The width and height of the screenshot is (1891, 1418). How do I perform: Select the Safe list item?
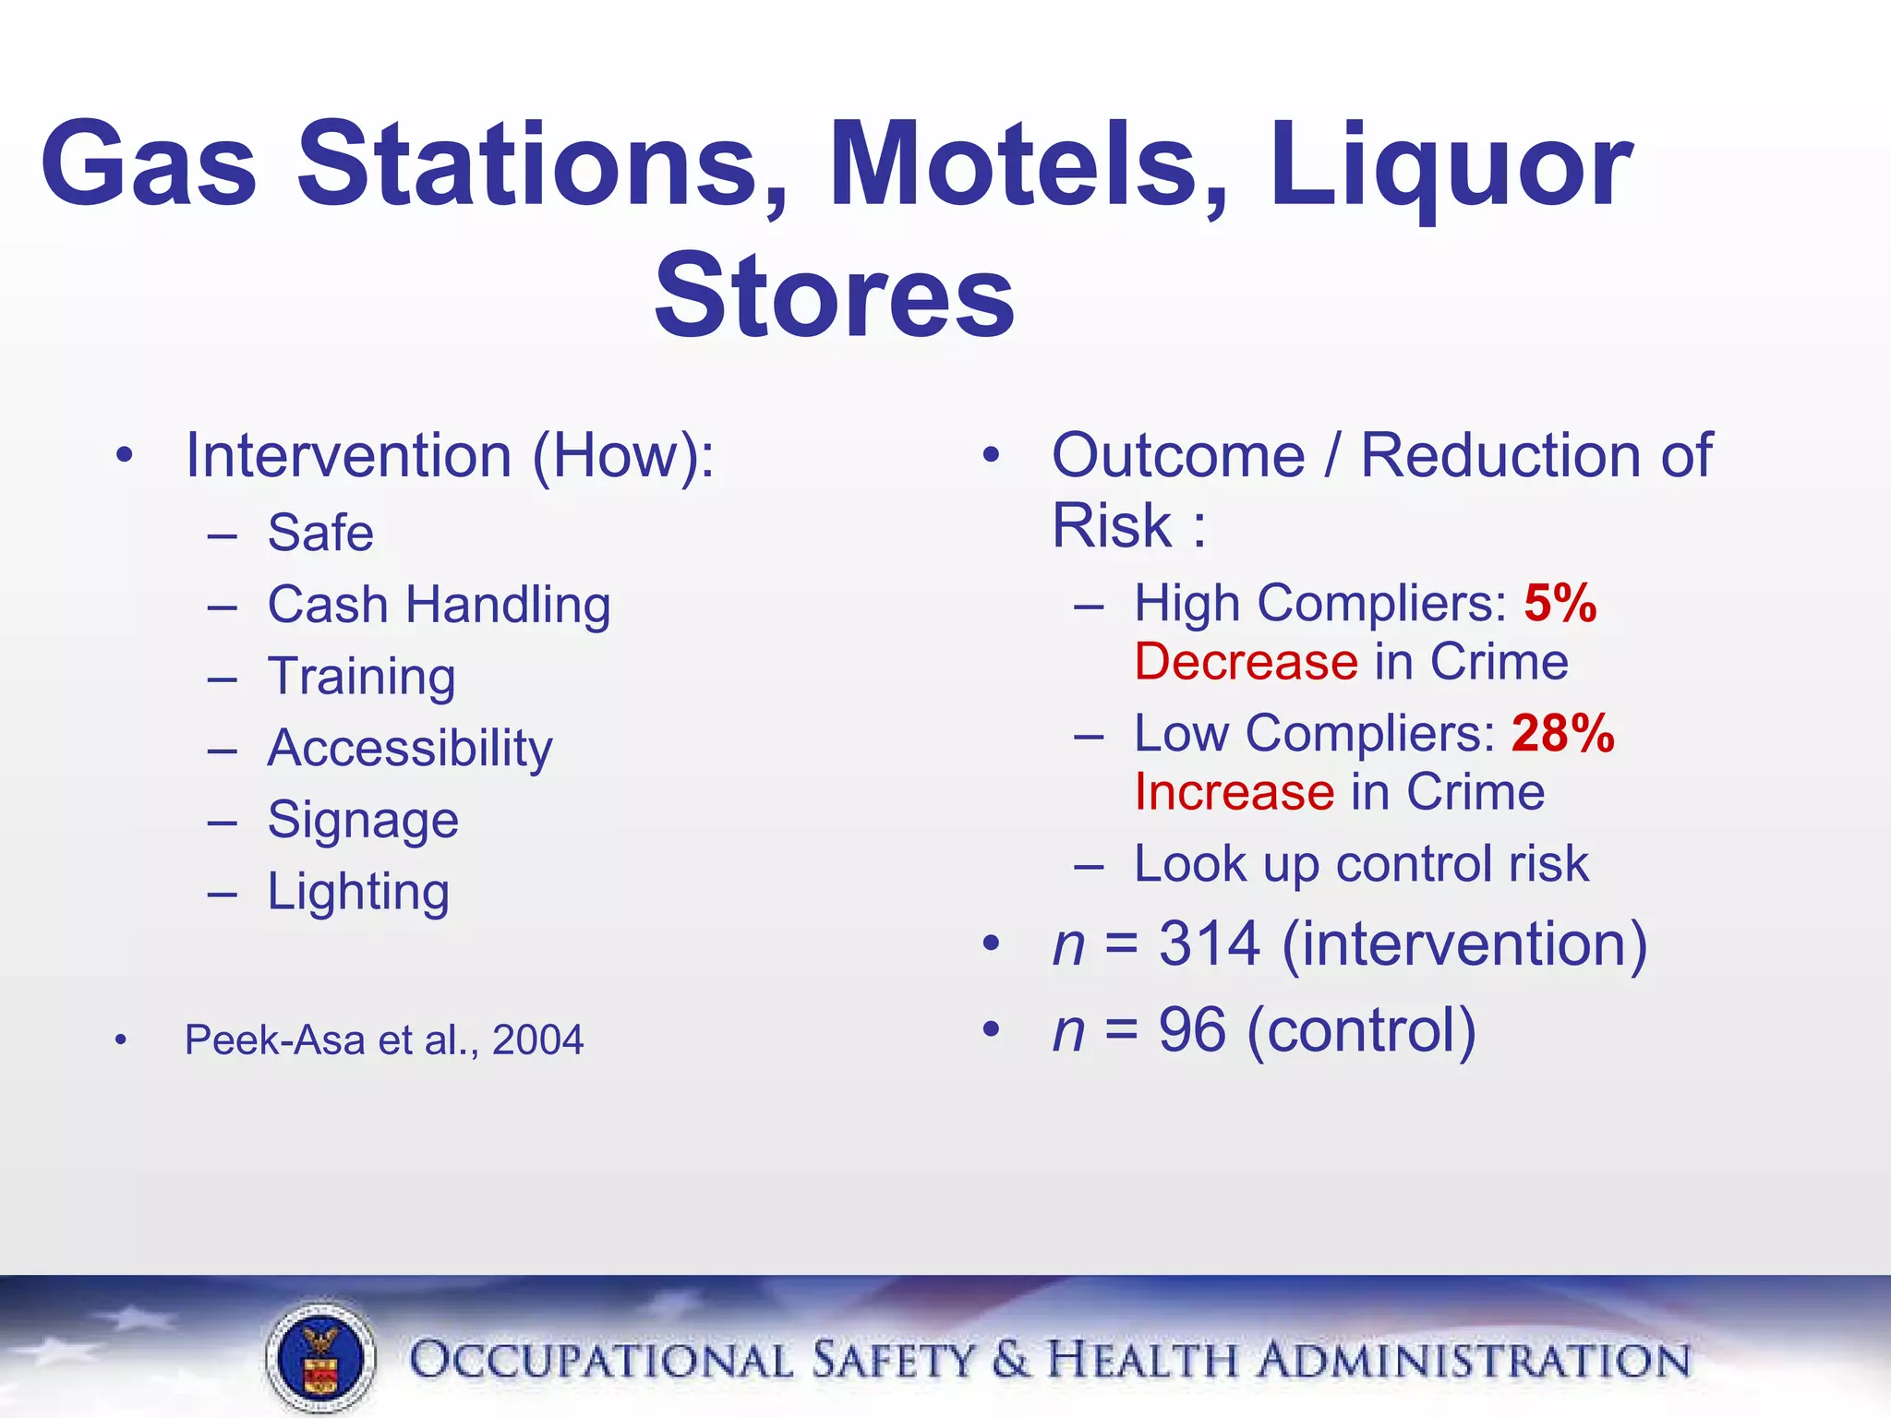tap(320, 534)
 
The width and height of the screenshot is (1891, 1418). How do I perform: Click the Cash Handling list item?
tap(439, 606)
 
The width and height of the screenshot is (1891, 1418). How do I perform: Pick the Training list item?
tap(361, 677)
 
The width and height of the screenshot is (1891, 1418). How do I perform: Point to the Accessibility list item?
tap(410, 748)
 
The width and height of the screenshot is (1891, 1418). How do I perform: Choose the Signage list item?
tap(363, 820)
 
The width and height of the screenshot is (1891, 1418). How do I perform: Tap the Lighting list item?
tap(358, 892)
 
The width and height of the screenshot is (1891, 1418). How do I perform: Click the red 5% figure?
tap(1560, 604)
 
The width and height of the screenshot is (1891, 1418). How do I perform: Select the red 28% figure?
tap(1562, 734)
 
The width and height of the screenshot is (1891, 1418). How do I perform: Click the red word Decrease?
tap(1246, 663)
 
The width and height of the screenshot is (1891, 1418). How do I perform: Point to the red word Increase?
tap(1235, 793)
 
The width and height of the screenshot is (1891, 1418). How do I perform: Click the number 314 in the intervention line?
tap(1210, 944)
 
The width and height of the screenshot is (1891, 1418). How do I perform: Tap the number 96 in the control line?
tap(1192, 1030)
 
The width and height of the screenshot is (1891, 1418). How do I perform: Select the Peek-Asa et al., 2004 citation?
tap(384, 1040)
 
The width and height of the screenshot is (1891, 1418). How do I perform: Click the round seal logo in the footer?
tap(320, 1358)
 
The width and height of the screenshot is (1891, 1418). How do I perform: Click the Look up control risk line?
tap(1361, 865)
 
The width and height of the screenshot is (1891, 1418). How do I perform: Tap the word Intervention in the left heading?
tap(348, 456)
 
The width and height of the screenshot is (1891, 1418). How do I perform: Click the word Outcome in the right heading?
tap(1178, 456)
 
